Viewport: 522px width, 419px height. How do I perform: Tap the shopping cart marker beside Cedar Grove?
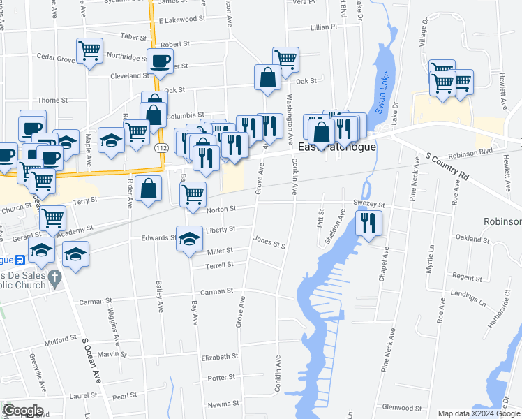89,51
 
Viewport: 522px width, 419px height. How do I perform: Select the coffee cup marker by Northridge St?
161,60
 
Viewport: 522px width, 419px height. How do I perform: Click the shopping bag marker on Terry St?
149,189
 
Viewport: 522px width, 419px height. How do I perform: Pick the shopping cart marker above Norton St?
193,194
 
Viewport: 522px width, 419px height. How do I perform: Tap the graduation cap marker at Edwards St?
189,239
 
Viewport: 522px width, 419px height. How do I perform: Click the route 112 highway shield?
162,148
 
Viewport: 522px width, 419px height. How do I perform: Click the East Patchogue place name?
337,147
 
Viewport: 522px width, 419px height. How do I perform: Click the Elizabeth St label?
219,356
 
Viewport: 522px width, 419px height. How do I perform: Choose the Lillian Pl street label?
323,27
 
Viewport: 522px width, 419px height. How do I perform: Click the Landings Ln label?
468,299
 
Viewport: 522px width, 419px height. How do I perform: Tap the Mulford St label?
60,343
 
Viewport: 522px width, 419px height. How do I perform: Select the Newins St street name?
223,404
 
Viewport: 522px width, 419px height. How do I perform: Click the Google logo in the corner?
23,411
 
